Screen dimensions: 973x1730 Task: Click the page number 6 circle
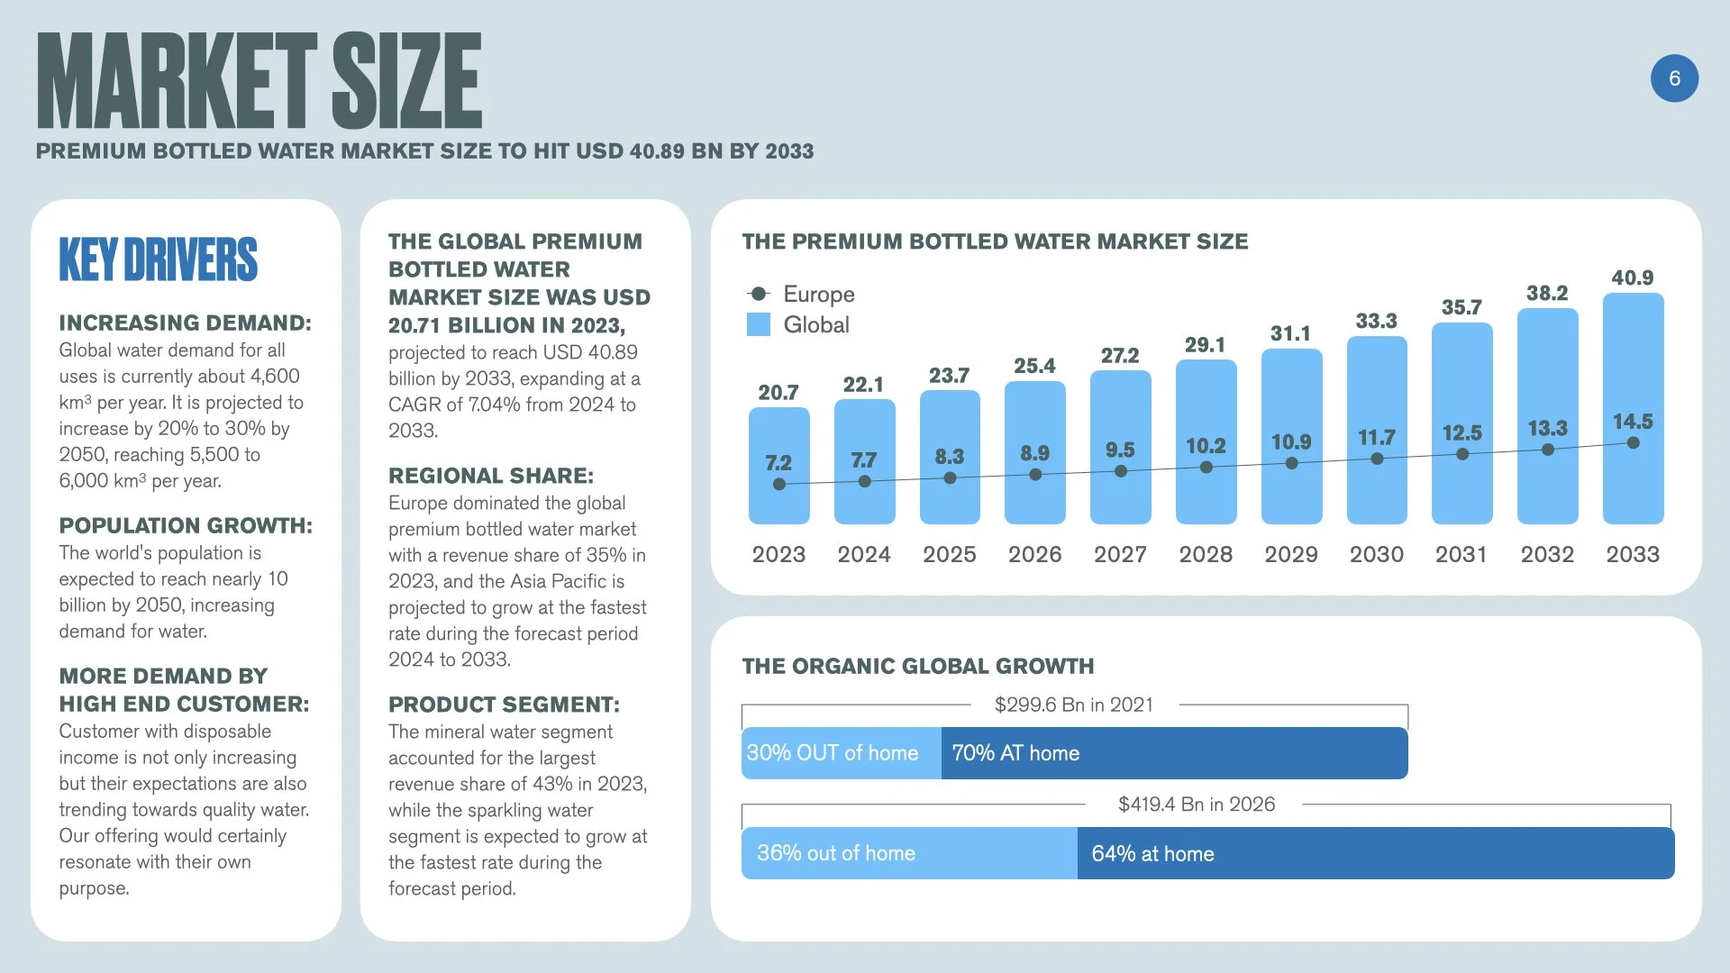click(x=1674, y=78)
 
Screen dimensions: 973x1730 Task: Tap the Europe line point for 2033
click(x=1633, y=442)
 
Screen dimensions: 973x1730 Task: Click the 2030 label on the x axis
click(x=1376, y=554)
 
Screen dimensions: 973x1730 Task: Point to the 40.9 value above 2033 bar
click(x=1632, y=277)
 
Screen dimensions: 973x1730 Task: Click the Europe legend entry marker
click(x=759, y=294)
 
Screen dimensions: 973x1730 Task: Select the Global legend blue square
click(x=759, y=324)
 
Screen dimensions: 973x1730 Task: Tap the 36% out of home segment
click(x=908, y=853)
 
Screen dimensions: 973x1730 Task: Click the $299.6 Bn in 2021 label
click(x=1073, y=705)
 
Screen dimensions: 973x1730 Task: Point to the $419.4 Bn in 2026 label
click(x=1196, y=804)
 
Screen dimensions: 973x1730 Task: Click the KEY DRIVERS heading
click(x=158, y=259)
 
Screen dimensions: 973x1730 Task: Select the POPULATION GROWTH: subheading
click(x=186, y=525)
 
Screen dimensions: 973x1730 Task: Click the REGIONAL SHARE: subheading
click(x=490, y=476)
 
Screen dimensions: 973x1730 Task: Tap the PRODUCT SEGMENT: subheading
click(x=504, y=705)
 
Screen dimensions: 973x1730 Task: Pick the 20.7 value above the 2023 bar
click(x=778, y=392)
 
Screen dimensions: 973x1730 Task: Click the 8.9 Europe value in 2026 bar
click(x=1034, y=452)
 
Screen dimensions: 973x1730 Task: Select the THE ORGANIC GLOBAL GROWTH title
click(x=917, y=666)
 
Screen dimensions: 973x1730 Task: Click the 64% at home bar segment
click(x=1374, y=853)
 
